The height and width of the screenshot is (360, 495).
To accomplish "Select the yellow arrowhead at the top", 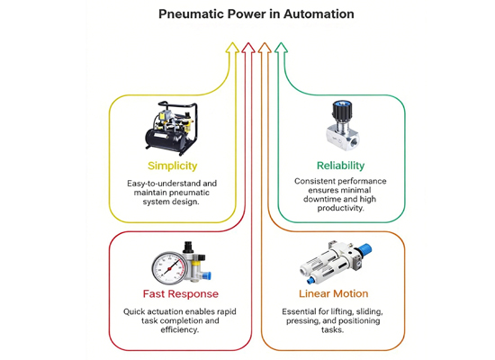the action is [233, 47].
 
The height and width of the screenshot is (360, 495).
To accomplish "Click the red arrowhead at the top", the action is [248, 47].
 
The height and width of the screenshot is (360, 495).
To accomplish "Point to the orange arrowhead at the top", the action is [265, 47].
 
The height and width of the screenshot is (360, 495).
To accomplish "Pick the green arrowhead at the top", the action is [281, 47].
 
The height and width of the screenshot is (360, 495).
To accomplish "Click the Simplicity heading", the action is [173, 166].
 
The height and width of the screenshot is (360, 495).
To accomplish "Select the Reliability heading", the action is [340, 166].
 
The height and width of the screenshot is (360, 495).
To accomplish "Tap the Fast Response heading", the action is [181, 294].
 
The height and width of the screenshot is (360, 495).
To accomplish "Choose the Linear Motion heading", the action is [334, 293].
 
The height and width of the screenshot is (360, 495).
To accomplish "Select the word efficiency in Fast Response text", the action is [180, 330].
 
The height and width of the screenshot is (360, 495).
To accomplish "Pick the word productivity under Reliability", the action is [340, 209].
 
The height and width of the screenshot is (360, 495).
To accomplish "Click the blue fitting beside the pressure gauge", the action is [206, 275].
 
